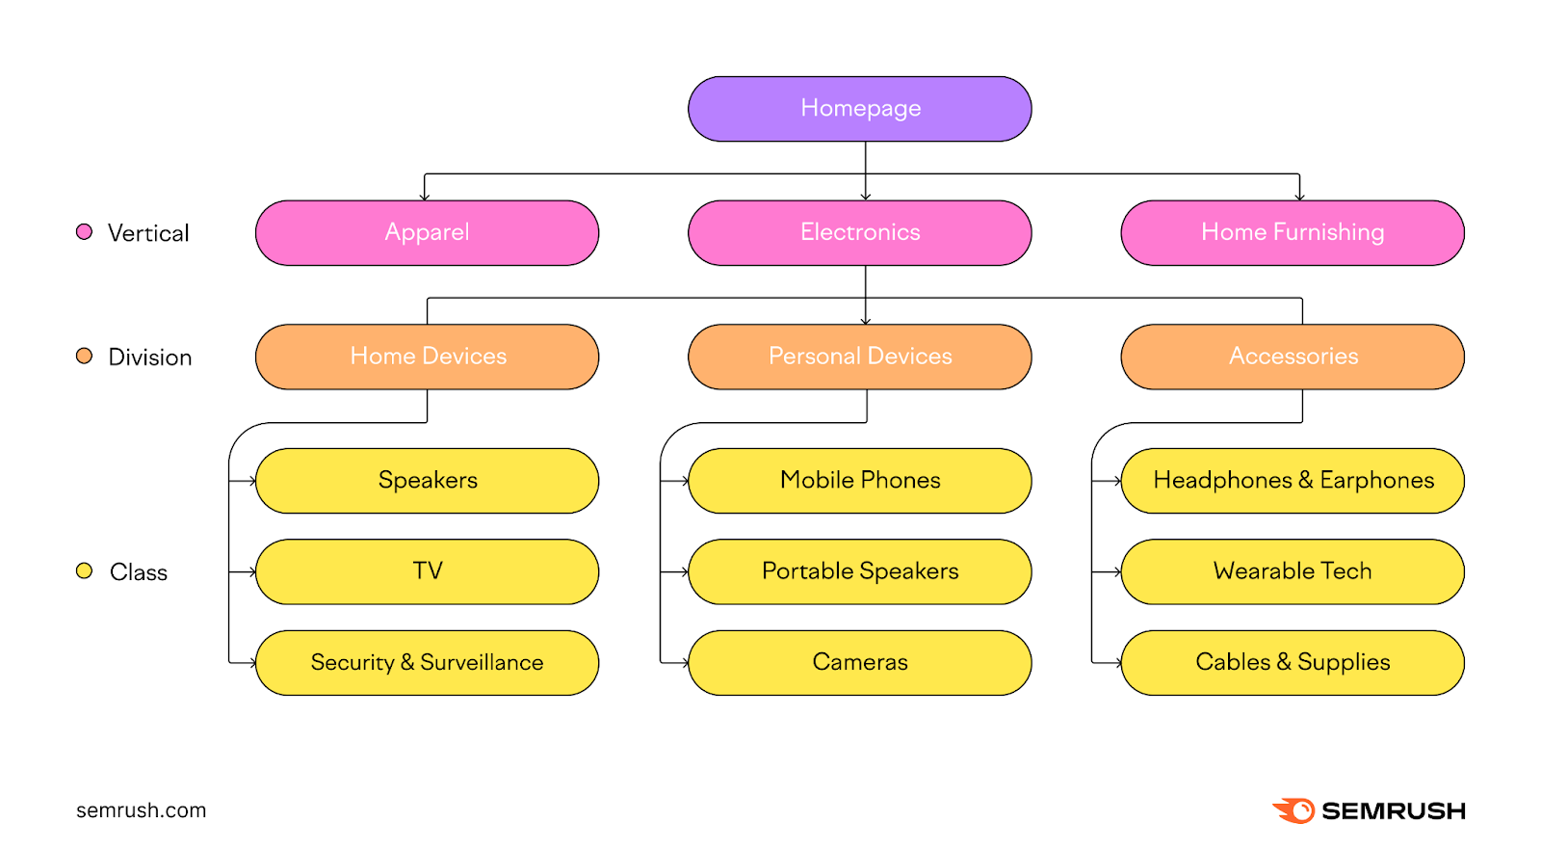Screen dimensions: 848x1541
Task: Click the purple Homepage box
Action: point(859,109)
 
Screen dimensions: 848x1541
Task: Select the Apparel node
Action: point(427,232)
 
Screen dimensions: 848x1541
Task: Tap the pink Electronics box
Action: point(859,232)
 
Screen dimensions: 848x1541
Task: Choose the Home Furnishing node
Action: point(1292,232)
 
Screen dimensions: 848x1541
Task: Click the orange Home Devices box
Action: point(427,357)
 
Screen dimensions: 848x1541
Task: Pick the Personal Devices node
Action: point(859,357)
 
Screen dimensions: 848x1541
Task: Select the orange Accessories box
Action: point(1292,357)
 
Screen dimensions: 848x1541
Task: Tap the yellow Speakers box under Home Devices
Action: point(427,480)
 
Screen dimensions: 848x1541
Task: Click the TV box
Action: point(427,571)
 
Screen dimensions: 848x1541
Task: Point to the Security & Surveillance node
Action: point(427,663)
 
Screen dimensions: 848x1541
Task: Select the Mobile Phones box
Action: point(859,480)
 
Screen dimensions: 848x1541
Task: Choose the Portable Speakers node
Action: point(859,571)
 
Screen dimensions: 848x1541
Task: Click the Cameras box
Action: point(859,663)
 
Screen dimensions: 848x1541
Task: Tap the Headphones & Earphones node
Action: point(1292,480)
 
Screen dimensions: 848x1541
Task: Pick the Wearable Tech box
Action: point(1292,571)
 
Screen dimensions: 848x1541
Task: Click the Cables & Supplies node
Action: point(1292,663)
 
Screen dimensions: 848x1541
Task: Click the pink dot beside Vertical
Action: point(84,231)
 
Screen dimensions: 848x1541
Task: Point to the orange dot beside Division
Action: point(84,356)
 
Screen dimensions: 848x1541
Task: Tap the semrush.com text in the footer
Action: point(141,810)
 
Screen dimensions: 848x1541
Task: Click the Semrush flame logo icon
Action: point(1294,810)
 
